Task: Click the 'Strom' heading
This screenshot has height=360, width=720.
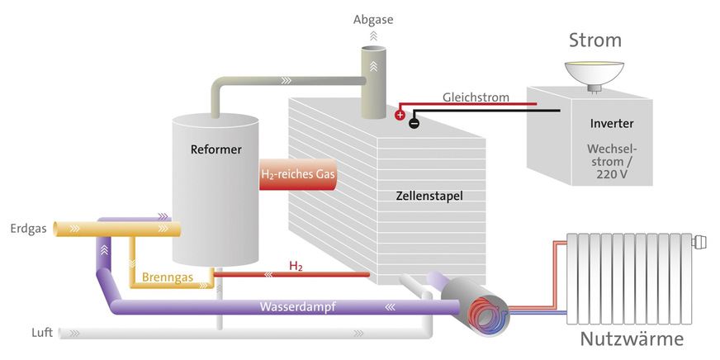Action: (594, 40)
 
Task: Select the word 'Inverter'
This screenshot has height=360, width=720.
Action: (612, 123)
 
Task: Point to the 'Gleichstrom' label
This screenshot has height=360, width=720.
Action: (476, 97)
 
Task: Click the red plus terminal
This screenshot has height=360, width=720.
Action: (400, 116)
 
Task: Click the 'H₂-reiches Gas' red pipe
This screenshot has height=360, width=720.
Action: (299, 174)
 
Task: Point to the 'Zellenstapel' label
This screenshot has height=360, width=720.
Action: (429, 197)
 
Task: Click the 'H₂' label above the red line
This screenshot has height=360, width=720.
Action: (295, 266)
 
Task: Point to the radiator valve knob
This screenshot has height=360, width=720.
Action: (699, 243)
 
